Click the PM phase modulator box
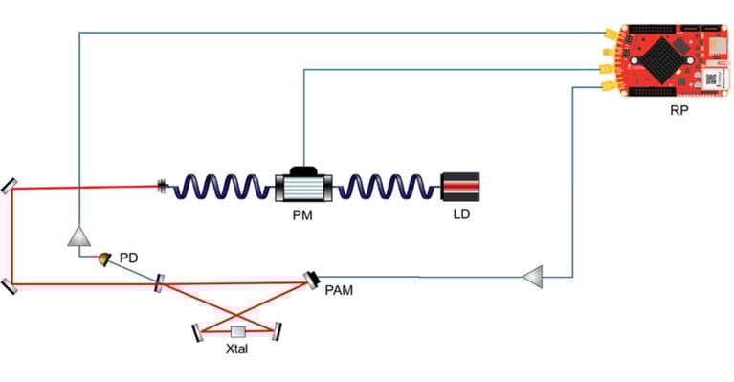click(303, 186)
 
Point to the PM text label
click(303, 215)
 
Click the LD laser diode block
click(461, 186)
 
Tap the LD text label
click(461, 214)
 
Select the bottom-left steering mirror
click(9, 284)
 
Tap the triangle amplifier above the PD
click(78, 236)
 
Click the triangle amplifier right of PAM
click(533, 277)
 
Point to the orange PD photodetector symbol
click(104, 258)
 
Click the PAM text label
click(339, 289)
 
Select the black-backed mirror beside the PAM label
click(313, 278)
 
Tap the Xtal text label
click(237, 351)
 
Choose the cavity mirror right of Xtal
click(278, 331)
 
